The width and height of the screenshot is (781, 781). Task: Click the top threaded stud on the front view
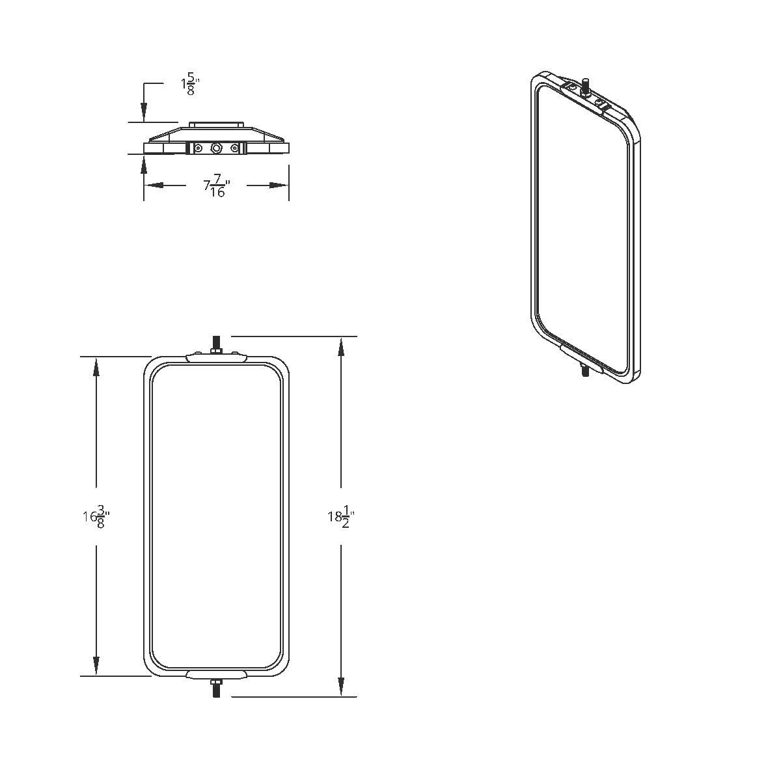point(216,343)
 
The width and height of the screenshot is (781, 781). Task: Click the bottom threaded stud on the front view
point(216,689)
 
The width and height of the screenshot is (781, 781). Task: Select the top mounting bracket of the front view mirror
point(216,357)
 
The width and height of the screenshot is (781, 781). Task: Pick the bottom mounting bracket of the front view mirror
point(216,674)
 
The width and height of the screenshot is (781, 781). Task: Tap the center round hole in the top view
point(216,149)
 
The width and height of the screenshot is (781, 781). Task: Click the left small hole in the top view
point(198,149)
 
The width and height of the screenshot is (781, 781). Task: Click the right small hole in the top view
point(234,149)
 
